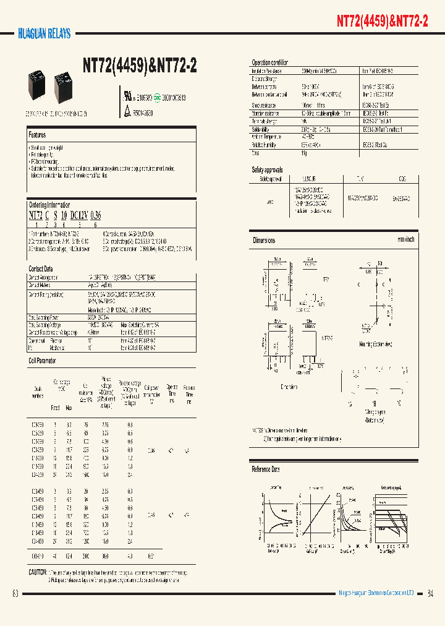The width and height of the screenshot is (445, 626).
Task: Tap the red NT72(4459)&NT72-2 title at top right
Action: [382, 20]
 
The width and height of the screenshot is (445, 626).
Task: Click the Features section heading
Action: [37, 134]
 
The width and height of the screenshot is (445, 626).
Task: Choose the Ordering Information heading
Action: [49, 205]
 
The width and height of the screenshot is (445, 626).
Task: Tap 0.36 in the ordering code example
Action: [95, 215]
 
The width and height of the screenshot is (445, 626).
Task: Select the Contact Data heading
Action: [41, 268]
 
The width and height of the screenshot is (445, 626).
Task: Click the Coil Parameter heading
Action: [43, 359]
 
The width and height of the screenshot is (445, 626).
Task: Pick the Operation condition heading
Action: [269, 63]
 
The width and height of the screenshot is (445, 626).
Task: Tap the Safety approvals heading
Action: [267, 169]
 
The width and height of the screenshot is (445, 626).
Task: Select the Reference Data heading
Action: [266, 469]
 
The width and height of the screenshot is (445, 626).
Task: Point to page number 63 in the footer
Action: [15, 594]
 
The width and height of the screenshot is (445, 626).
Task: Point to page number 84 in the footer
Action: [430, 594]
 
